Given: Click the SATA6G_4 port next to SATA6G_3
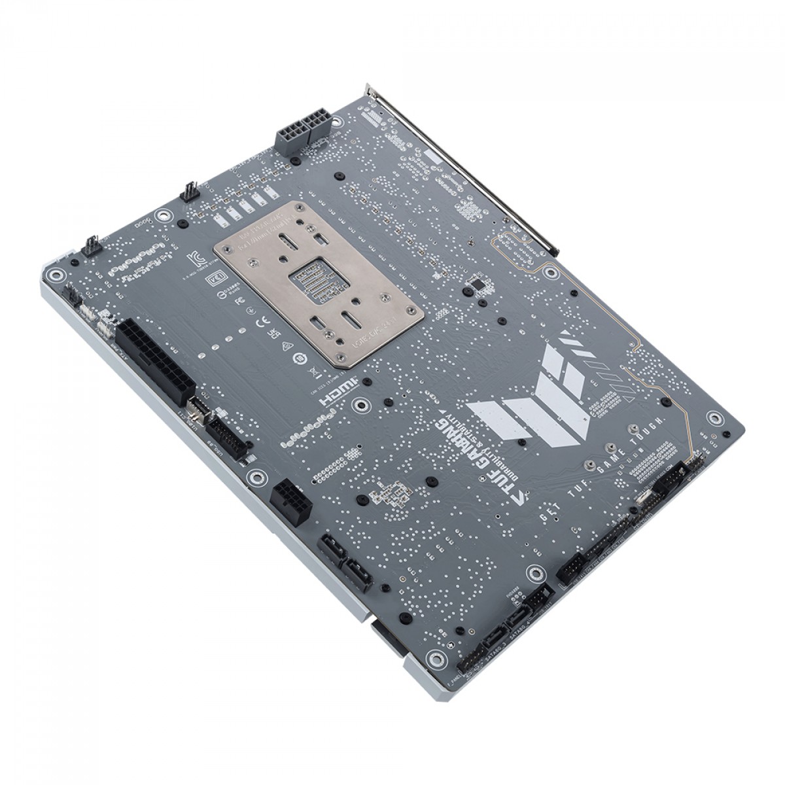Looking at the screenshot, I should pos(519,616).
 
